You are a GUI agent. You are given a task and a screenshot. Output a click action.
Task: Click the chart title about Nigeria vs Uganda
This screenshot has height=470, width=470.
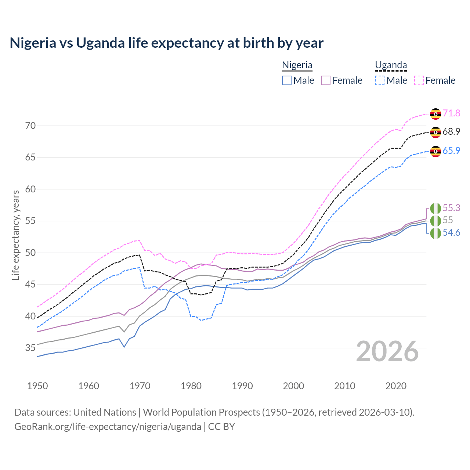[166, 43]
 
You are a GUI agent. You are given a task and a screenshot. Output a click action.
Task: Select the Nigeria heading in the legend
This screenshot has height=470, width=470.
[297, 65]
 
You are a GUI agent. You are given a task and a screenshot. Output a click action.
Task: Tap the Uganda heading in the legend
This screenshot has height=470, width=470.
[391, 65]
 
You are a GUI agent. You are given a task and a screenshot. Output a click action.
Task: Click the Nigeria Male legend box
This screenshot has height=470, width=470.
[287, 80]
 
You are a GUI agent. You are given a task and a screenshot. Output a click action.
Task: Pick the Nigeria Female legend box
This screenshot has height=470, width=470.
[326, 80]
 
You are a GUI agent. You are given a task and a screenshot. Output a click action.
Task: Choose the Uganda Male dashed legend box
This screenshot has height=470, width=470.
[380, 80]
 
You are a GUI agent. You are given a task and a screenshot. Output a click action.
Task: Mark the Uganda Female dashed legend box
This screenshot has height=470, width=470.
[419, 80]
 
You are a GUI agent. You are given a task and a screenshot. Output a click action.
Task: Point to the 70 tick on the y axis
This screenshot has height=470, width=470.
[30, 126]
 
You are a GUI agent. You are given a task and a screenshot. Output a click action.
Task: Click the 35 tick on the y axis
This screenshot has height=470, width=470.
[30, 348]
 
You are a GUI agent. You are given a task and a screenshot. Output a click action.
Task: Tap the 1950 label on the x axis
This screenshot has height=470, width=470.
[37, 386]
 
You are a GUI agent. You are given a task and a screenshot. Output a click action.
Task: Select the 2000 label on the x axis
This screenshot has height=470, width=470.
[294, 386]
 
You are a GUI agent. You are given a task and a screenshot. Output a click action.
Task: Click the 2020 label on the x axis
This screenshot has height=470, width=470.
[396, 386]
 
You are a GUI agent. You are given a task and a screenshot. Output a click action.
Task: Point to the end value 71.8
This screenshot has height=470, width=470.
[451, 113]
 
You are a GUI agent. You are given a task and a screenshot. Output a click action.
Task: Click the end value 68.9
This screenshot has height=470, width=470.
[451, 131]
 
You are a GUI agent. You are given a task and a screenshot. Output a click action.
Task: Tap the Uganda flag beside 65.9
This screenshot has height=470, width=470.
[435, 151]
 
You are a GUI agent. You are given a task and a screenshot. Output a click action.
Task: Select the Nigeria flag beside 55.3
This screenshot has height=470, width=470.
[435, 208]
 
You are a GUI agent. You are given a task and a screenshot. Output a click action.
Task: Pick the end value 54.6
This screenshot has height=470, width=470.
[451, 233]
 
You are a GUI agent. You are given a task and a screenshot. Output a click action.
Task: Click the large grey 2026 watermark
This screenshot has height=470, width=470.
[387, 351]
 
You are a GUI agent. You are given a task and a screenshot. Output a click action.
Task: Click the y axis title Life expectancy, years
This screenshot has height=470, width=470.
[15, 235]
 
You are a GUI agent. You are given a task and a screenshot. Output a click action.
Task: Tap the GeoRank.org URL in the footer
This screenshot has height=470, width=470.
[108, 427]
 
